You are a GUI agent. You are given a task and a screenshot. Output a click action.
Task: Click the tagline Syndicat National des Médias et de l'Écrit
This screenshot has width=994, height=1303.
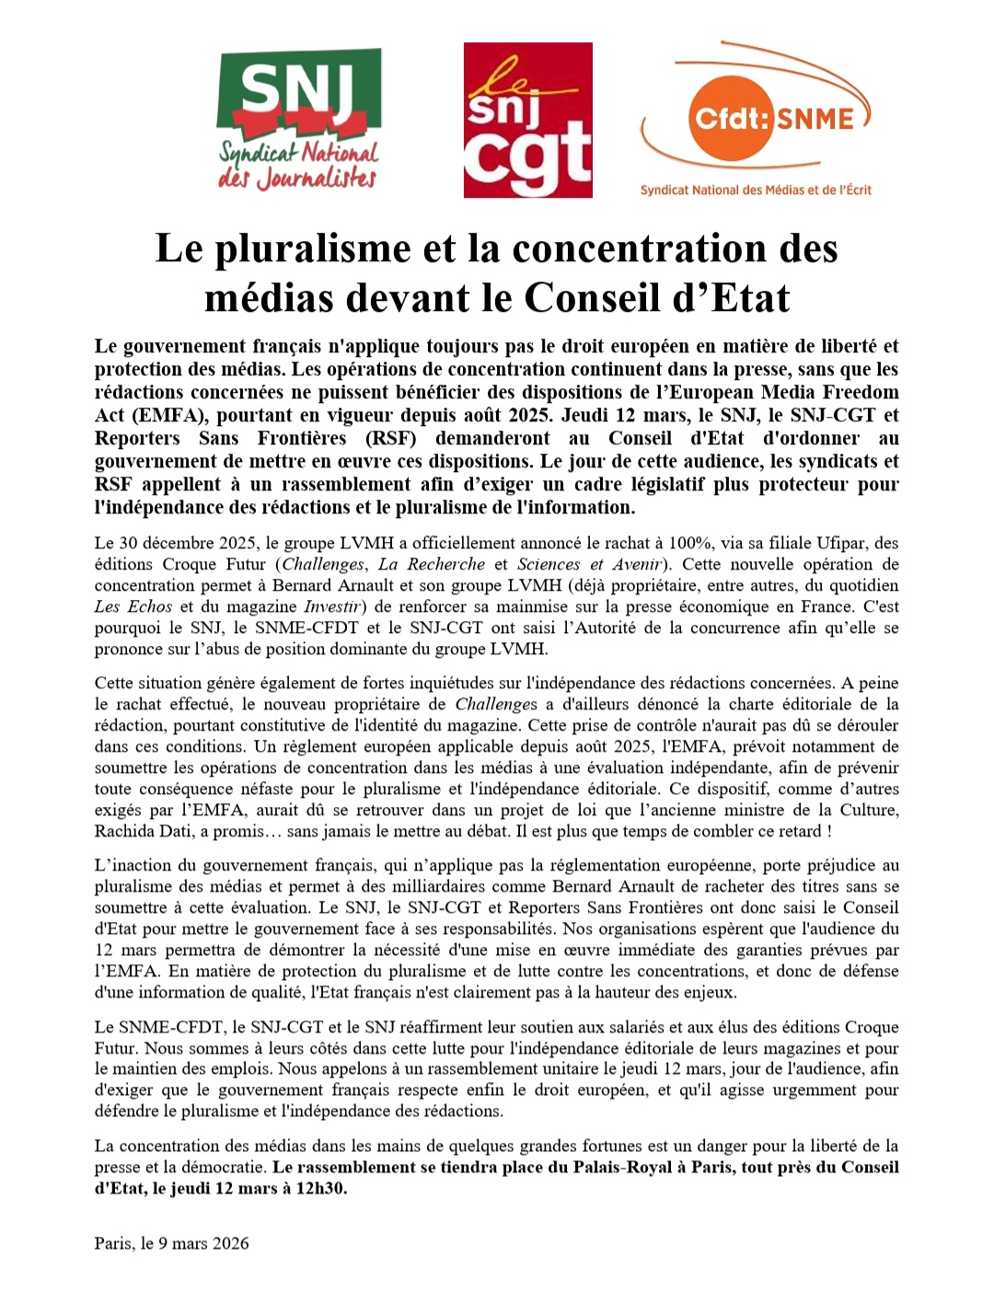[756, 190]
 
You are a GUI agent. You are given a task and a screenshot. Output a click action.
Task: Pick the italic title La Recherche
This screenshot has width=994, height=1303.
[433, 564]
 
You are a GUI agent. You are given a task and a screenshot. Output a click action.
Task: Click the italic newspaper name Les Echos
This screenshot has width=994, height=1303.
[133, 606]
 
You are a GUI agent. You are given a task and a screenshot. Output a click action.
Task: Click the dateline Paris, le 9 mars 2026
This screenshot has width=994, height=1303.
[171, 1243]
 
